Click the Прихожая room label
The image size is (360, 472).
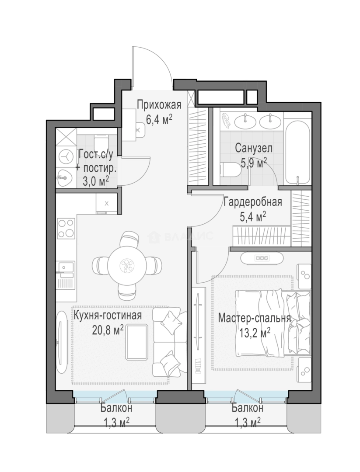pos(159,105)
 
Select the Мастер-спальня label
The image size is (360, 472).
pos(255,318)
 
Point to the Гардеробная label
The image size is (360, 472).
pos(252,202)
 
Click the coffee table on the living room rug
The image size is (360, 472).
pos(137,342)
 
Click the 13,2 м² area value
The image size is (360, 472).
pos(255,333)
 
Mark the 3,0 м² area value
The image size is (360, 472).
pos(95,181)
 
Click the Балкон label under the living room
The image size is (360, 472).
pos(116,408)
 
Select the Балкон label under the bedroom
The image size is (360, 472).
pos(247,408)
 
